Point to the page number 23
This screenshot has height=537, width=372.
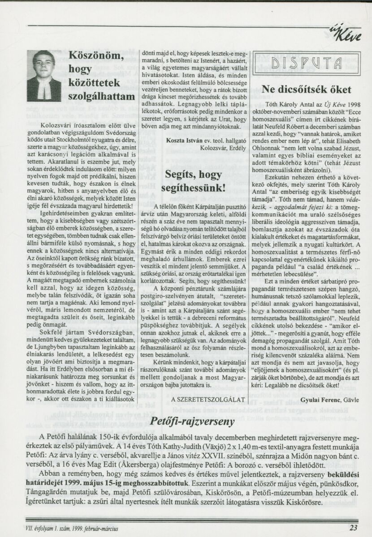coord(353,527)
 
